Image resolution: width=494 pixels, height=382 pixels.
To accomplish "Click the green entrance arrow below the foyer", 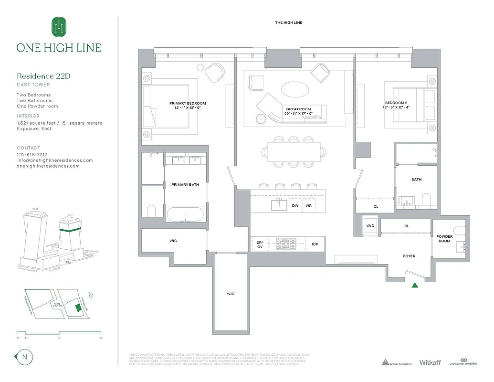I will coord(415,286).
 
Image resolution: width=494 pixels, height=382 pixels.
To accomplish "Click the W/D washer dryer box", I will coord(370,225).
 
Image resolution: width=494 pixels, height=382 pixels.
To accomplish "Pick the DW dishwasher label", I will coord(295,206).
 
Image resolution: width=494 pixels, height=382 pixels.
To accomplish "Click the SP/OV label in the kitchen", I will coord(260,244).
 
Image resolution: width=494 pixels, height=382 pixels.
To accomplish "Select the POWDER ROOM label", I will coord(444,239).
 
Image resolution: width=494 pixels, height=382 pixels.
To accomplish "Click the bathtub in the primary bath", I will coord(186,214).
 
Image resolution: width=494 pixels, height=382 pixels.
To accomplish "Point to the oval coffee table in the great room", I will coord(294,89).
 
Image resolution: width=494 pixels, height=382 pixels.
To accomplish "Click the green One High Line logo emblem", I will coord(59,27).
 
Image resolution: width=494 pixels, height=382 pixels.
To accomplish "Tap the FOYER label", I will coord(409,256).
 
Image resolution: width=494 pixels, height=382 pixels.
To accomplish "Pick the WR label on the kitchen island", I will coord(308,206).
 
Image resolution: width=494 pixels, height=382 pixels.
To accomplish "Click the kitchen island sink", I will coord(279,205).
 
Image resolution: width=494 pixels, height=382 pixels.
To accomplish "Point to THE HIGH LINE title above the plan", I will coord(288,23).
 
